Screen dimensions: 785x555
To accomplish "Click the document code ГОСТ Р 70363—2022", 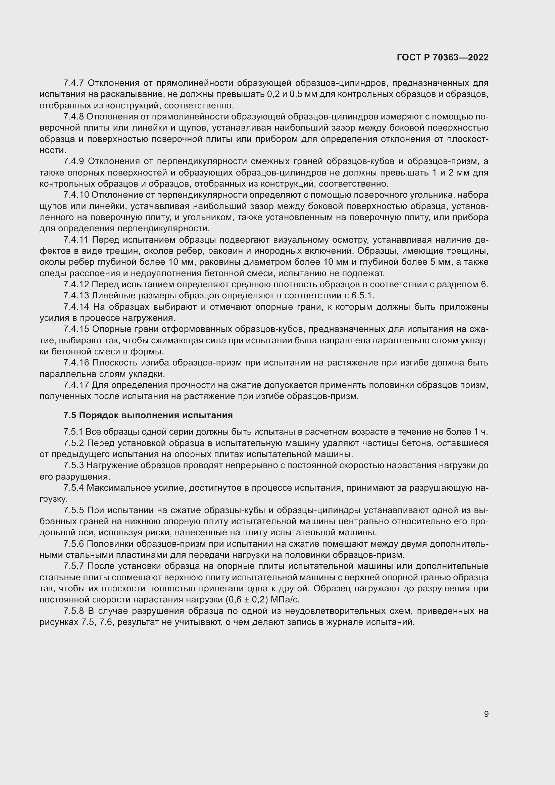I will [443, 57].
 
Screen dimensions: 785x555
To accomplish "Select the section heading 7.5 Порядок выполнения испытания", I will [148, 415].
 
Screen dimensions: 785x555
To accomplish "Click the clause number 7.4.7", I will [73, 83].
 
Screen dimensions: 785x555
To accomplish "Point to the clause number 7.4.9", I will [73, 161].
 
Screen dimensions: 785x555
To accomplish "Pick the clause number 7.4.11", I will [76, 240].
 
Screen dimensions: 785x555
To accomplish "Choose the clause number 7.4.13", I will [76, 295].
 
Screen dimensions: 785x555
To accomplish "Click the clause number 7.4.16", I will [76, 362].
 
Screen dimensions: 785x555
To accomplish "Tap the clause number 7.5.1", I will [73, 432].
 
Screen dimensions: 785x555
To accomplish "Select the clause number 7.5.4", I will [73, 488].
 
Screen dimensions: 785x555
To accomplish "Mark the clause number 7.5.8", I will [73, 611].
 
